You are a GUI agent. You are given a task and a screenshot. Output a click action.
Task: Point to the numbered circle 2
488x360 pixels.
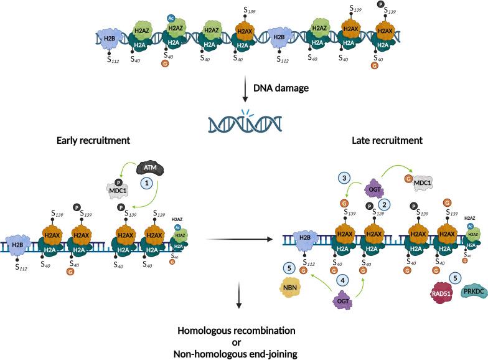click(385, 204)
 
